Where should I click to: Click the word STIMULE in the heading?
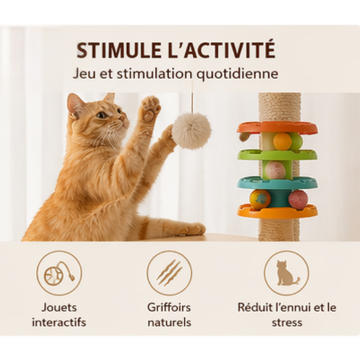pyautogui.click(x=119, y=50)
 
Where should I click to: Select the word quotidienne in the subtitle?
pyautogui.click(x=237, y=74)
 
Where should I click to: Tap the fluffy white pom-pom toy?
pyautogui.click(x=191, y=130)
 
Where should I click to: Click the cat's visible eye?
pyautogui.click(x=101, y=115)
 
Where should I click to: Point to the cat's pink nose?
pyautogui.click(x=124, y=119)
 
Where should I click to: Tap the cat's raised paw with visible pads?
pyautogui.click(x=151, y=108)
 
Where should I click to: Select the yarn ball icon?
pyautogui.click(x=59, y=274)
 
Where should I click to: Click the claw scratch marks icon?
pyautogui.click(x=170, y=272)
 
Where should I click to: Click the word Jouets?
pyautogui.click(x=59, y=307)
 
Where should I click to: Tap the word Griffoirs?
pyautogui.click(x=169, y=307)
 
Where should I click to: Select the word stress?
pyautogui.click(x=287, y=323)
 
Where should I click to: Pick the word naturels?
pyautogui.click(x=170, y=322)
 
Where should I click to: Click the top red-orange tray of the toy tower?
pyautogui.click(x=278, y=128)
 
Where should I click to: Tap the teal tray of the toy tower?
pyautogui.click(x=278, y=183)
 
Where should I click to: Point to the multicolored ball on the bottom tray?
pyautogui.click(x=260, y=199)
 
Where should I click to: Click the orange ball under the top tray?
pyautogui.click(x=282, y=141)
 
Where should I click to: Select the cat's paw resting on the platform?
pyautogui.click(x=193, y=230)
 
